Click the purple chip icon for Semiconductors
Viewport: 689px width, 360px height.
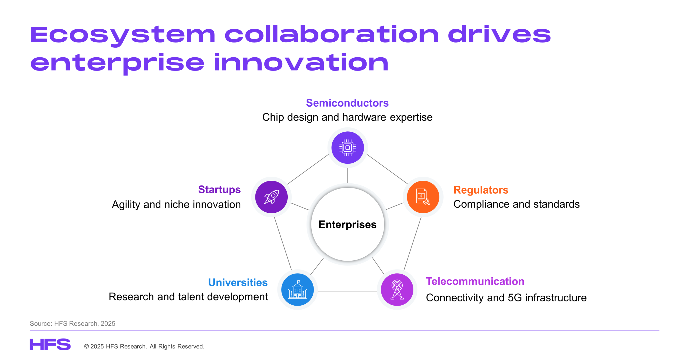click(347, 148)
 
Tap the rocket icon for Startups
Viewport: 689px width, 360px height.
click(271, 197)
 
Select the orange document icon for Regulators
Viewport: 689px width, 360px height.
click(423, 197)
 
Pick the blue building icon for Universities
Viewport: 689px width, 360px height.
click(297, 289)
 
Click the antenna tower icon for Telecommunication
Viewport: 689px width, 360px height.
click(397, 289)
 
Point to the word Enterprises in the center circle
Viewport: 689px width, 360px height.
click(347, 224)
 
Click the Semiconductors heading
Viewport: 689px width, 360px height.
click(347, 103)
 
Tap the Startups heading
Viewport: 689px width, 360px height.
click(219, 190)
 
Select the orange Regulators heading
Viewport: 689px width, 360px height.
click(481, 190)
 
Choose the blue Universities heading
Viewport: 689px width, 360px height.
click(238, 282)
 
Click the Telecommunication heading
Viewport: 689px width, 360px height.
click(475, 281)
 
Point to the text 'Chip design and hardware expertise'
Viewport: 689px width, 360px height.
click(347, 117)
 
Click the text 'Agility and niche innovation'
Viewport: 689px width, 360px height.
click(176, 205)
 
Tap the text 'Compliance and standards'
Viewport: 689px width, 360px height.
click(516, 204)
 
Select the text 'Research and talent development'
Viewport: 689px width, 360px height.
click(188, 297)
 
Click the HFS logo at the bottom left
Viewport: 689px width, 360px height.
click(50, 344)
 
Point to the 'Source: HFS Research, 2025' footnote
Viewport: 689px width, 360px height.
click(72, 323)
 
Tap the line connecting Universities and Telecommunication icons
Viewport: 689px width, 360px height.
click(347, 292)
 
